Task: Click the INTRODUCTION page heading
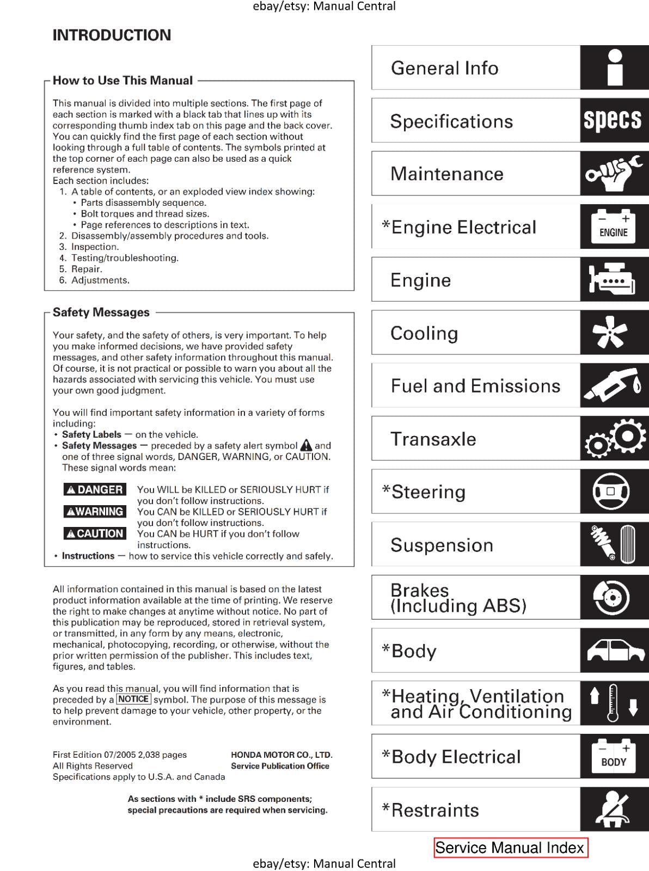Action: click(112, 35)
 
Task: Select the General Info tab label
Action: click(444, 68)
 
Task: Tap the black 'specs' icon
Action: click(613, 120)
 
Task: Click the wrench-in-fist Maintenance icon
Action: click(613, 174)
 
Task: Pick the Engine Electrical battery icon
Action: click(613, 226)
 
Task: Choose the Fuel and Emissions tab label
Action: click(475, 386)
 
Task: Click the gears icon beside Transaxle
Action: click(614, 439)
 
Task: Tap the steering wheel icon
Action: click(611, 492)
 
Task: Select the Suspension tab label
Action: click(442, 545)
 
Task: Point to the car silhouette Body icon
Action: click(614, 651)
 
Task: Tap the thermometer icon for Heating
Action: click(613, 703)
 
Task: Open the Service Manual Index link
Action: click(510, 848)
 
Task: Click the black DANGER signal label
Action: click(95, 489)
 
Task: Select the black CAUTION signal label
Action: click(95, 533)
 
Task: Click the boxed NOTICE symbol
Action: click(133, 699)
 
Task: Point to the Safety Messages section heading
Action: click(101, 312)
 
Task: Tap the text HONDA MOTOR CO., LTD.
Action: click(281, 755)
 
